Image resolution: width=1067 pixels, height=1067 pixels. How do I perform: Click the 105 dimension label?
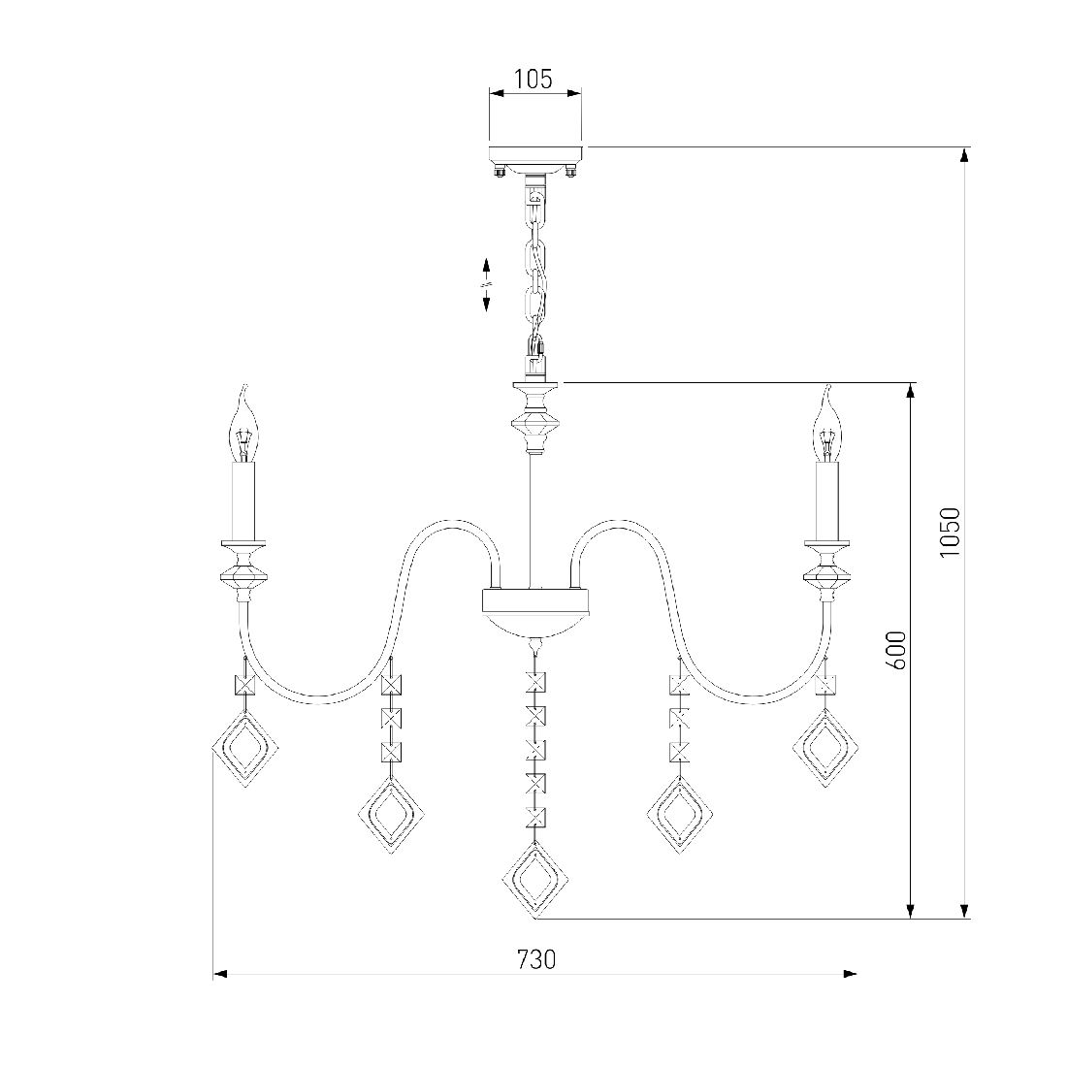tap(533, 80)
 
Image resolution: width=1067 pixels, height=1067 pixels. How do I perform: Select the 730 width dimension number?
tap(536, 959)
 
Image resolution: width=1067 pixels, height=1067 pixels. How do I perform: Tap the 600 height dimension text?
tap(898, 650)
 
